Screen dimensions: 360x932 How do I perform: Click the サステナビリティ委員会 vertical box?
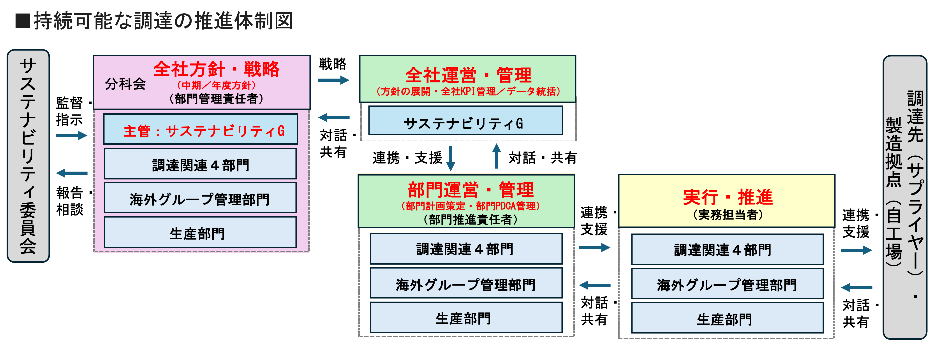coord(28,156)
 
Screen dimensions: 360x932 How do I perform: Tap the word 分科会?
coord(125,84)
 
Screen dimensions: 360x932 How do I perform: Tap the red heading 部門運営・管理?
coord(470,190)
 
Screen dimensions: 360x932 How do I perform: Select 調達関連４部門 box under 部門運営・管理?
coord(466,249)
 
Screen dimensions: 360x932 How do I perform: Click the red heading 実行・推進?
coord(728,197)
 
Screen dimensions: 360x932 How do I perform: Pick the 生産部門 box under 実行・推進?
coord(727,318)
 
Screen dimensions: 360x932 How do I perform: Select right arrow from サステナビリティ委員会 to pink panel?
coord(72,136)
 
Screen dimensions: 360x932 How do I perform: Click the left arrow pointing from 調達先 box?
coord(856,288)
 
